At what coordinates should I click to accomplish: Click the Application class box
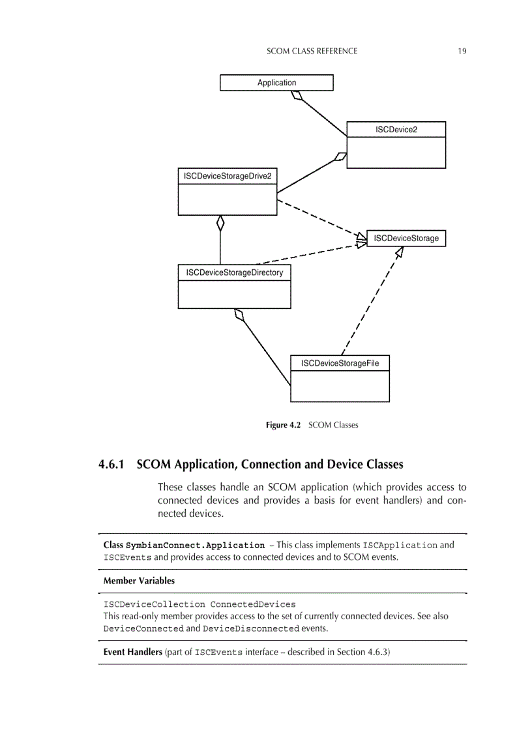[x=276, y=83]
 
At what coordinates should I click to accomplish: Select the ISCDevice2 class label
[x=396, y=130]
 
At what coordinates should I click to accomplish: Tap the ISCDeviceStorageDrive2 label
[x=227, y=176]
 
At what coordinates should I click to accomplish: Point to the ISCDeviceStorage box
[x=406, y=239]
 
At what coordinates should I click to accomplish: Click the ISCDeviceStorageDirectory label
[x=234, y=272]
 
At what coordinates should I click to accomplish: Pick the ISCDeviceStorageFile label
[x=340, y=363]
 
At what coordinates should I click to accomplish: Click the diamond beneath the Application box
[x=297, y=95]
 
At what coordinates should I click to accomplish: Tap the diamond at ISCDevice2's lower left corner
[x=340, y=156]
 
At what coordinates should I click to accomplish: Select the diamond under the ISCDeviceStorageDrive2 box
[x=220, y=223]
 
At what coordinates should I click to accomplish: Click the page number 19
[x=462, y=51]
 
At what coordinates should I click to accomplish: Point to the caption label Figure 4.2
[x=283, y=425]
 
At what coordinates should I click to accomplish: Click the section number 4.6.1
[x=114, y=465]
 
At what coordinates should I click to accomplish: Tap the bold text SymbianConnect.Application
[x=195, y=545]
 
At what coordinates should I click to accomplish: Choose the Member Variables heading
[x=139, y=580]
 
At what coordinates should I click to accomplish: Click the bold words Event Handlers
[x=132, y=652]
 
